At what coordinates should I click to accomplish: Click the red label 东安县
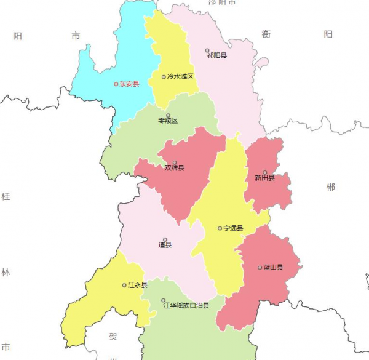pyautogui.click(x=129, y=84)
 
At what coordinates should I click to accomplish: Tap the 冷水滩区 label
pyautogui.click(x=181, y=77)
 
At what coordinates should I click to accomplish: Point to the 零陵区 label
pyautogui.click(x=168, y=121)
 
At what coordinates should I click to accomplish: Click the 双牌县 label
pyautogui.click(x=175, y=167)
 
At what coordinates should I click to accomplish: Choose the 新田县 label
pyautogui.click(x=264, y=178)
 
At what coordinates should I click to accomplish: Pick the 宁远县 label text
pyautogui.click(x=234, y=228)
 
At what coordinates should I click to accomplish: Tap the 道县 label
pyautogui.click(x=165, y=245)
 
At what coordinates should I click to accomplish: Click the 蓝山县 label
pyautogui.click(x=273, y=267)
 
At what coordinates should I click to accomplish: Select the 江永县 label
pyautogui.click(x=138, y=285)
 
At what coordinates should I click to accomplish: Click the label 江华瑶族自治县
pyautogui.click(x=186, y=305)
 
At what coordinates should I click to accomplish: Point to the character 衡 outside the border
pyautogui.click(x=266, y=34)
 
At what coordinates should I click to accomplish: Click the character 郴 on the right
pyautogui.click(x=331, y=187)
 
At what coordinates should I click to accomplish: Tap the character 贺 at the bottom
pyautogui.click(x=113, y=337)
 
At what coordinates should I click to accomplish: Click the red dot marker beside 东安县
pyautogui.click(x=116, y=84)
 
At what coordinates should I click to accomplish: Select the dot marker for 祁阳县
pyautogui.click(x=207, y=50)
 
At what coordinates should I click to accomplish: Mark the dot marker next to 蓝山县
pyautogui.click(x=260, y=267)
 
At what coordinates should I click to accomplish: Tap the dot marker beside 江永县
pyautogui.click(x=124, y=285)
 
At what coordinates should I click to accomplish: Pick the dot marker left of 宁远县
pyautogui.click(x=220, y=228)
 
